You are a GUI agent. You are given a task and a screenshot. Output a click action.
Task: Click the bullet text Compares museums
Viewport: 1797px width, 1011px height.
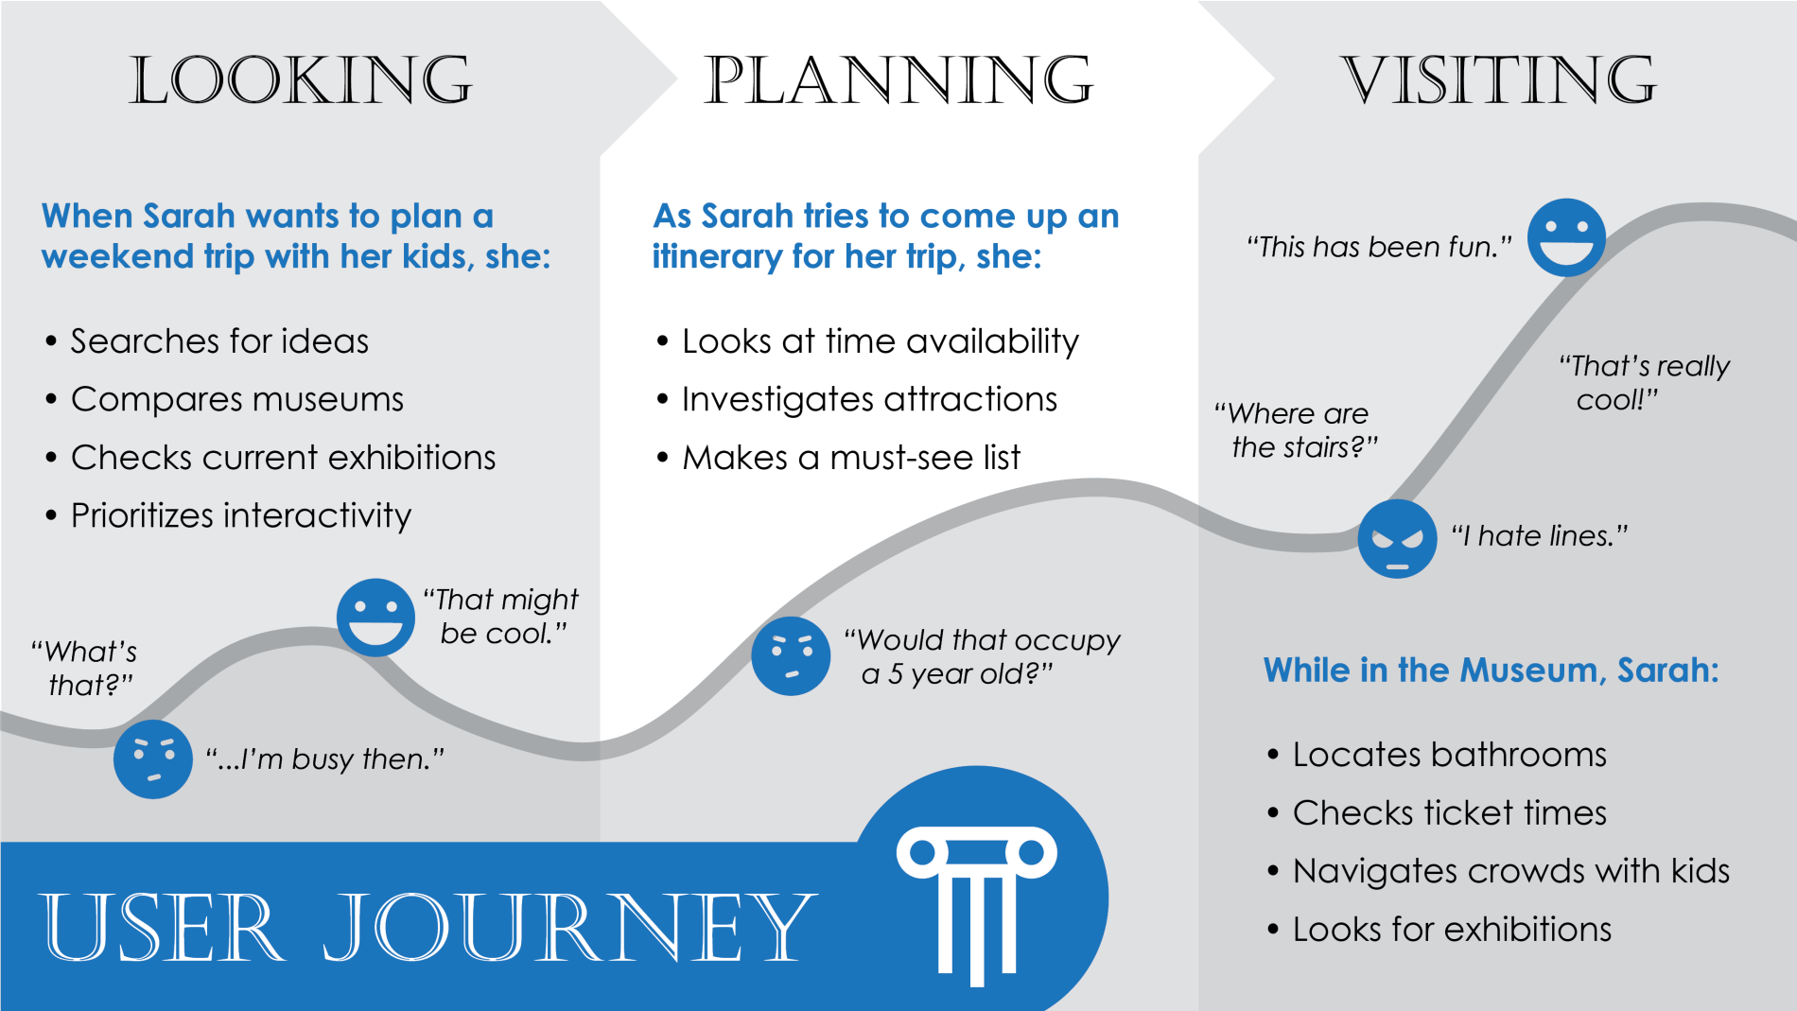[x=236, y=399]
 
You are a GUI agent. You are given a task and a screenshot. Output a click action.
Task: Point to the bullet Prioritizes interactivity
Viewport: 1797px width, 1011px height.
[x=241, y=515]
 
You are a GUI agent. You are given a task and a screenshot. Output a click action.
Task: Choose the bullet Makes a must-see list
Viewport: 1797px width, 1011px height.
[x=850, y=458]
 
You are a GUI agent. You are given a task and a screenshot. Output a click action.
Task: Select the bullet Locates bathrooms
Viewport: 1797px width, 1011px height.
[x=1449, y=755]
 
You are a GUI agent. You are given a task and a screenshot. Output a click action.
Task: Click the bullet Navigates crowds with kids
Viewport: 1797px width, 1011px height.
[x=1510, y=871]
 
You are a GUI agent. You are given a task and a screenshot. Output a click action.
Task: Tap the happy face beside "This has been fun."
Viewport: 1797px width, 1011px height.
[x=1566, y=237]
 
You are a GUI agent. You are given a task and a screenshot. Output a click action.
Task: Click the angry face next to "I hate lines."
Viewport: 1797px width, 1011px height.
[x=1397, y=539]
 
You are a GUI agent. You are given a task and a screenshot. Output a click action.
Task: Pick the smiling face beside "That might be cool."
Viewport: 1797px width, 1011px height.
[x=375, y=618]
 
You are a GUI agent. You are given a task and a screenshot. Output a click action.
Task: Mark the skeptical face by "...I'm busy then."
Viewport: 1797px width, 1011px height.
[x=152, y=758]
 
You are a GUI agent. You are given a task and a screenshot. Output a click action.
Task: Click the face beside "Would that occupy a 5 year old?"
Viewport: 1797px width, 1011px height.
[x=791, y=655]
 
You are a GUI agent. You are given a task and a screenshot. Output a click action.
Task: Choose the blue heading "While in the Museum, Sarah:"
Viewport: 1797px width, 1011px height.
[x=1491, y=671]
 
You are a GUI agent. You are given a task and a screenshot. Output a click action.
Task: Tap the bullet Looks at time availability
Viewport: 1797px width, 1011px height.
[x=880, y=341]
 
